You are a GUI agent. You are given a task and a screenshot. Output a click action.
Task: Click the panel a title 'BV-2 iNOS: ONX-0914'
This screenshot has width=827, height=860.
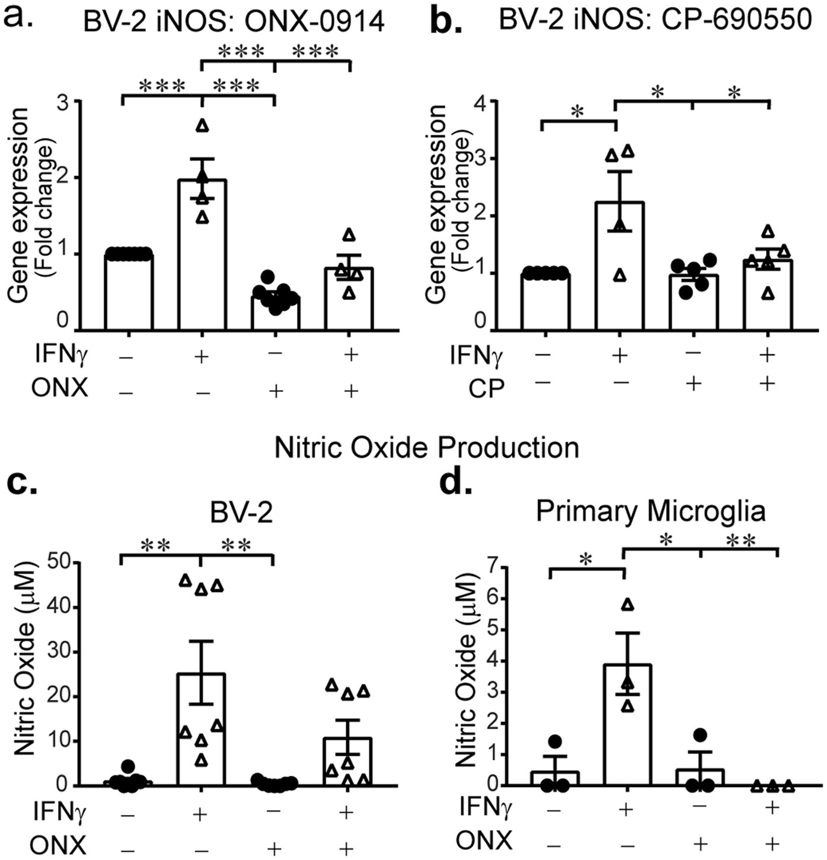[x=234, y=22]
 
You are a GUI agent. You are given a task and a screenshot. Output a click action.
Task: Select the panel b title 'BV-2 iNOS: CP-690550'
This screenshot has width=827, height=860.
[x=655, y=20]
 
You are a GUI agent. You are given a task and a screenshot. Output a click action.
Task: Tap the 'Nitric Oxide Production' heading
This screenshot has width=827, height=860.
[x=426, y=447]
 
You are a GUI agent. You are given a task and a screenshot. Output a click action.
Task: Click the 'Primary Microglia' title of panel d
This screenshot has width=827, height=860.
[x=650, y=511]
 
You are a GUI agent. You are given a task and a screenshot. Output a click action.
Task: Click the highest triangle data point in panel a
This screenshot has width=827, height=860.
[x=203, y=125]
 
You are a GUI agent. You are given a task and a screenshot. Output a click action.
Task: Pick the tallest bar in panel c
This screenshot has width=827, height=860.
[x=201, y=729]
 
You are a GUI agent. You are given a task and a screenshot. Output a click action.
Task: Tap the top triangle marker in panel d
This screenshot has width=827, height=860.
[x=628, y=605]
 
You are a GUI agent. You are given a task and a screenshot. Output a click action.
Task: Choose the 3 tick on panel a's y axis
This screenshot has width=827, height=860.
[x=63, y=101]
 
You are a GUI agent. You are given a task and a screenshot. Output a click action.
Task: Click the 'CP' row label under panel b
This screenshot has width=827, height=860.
[x=486, y=388]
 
